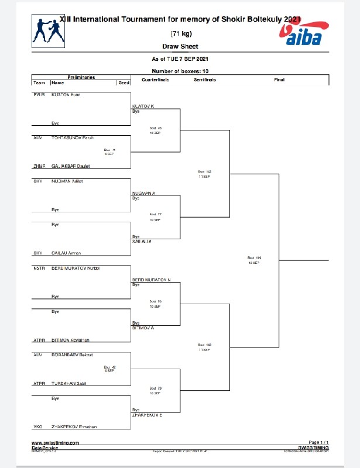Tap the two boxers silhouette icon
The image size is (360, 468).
click(48, 31)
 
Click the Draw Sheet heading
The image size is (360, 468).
click(180, 46)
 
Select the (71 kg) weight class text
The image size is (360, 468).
click(180, 33)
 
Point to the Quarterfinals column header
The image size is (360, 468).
click(155, 80)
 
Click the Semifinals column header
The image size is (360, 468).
click(204, 80)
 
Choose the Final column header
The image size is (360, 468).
click(279, 80)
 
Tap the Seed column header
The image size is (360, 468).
click(124, 83)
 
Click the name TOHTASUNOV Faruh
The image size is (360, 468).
click(73, 137)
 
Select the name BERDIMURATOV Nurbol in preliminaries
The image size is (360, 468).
click(76, 267)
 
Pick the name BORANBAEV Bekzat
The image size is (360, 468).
click(74, 355)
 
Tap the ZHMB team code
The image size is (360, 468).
click(39, 166)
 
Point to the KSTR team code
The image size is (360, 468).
click(40, 267)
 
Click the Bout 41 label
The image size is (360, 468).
click(109, 150)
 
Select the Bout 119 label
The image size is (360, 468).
click(254, 258)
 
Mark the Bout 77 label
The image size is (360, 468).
click(155, 215)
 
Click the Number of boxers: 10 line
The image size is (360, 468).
click(180, 71)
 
